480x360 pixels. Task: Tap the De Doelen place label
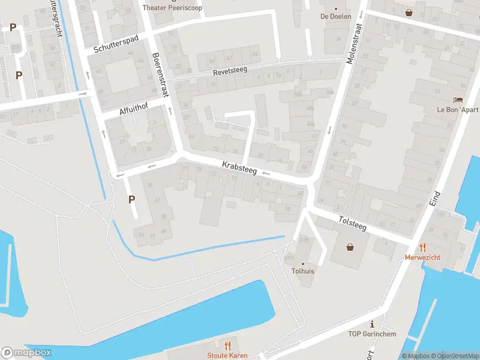335,17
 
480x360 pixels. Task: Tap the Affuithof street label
133,108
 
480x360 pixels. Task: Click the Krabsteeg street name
239,167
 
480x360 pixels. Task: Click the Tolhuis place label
303,271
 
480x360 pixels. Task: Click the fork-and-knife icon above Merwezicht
422,246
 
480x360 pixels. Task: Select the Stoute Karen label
227,356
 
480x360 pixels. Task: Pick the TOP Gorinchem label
372,334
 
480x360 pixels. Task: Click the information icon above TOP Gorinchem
372,324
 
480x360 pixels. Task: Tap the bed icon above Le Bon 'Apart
458,100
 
